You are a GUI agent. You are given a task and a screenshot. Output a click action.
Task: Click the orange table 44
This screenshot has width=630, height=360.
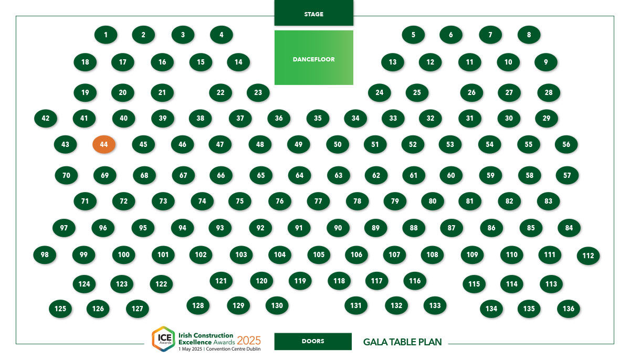(x=104, y=144)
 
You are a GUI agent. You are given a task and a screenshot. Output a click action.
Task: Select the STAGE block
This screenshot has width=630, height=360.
(x=313, y=13)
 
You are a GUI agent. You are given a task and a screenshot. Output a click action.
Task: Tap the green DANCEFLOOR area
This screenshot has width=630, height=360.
(x=313, y=58)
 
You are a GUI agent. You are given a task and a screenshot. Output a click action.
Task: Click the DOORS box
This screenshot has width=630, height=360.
(x=313, y=341)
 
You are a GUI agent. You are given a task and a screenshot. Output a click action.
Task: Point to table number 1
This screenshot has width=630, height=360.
(x=106, y=35)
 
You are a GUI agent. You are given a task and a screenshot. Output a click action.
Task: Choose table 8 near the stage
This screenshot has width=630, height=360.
(x=529, y=35)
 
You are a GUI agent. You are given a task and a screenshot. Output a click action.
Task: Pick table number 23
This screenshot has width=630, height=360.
(x=258, y=93)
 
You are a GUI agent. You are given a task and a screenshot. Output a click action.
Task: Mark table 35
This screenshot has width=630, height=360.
(x=318, y=118)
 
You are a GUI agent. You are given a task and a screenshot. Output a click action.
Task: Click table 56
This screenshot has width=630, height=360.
(x=566, y=144)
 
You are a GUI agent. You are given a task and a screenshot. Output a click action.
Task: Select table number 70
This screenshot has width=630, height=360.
(x=66, y=175)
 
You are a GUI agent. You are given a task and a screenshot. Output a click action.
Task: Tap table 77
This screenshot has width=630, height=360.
(x=318, y=201)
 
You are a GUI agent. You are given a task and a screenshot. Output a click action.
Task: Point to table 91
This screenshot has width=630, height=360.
(x=299, y=228)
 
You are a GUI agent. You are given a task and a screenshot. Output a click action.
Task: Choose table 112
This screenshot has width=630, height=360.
(x=588, y=256)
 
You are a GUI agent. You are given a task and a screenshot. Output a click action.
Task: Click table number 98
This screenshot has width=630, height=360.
(x=45, y=255)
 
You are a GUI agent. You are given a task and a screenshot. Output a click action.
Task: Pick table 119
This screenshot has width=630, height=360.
(x=300, y=281)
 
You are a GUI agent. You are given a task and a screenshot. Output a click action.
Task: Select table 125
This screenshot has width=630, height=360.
(x=60, y=309)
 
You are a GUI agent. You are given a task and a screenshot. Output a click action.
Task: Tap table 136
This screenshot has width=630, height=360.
(x=569, y=309)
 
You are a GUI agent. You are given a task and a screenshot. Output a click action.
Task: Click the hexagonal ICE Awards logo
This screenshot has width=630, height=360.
(x=164, y=339)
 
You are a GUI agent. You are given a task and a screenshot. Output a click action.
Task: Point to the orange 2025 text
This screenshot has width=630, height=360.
(x=249, y=341)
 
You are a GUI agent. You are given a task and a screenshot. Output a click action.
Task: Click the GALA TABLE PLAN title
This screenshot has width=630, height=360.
(x=403, y=342)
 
